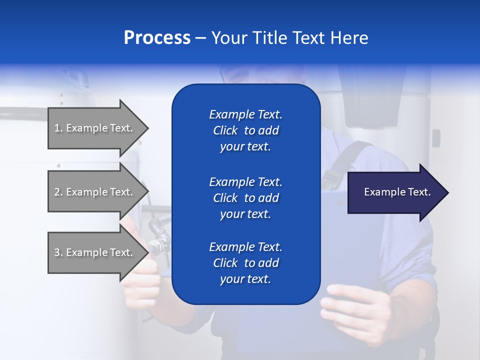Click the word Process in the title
pos(157,38)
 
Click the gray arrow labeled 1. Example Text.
pos(95,128)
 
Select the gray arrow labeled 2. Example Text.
pos(95,192)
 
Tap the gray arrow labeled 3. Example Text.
pos(95,252)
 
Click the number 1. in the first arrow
pos(58,128)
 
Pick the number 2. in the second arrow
pos(58,192)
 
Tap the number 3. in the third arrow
pos(58,252)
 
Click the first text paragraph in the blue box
pos(245,130)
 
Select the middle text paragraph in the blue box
pos(245,198)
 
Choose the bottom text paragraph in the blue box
pos(245,263)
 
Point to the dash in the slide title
pos(200,38)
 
